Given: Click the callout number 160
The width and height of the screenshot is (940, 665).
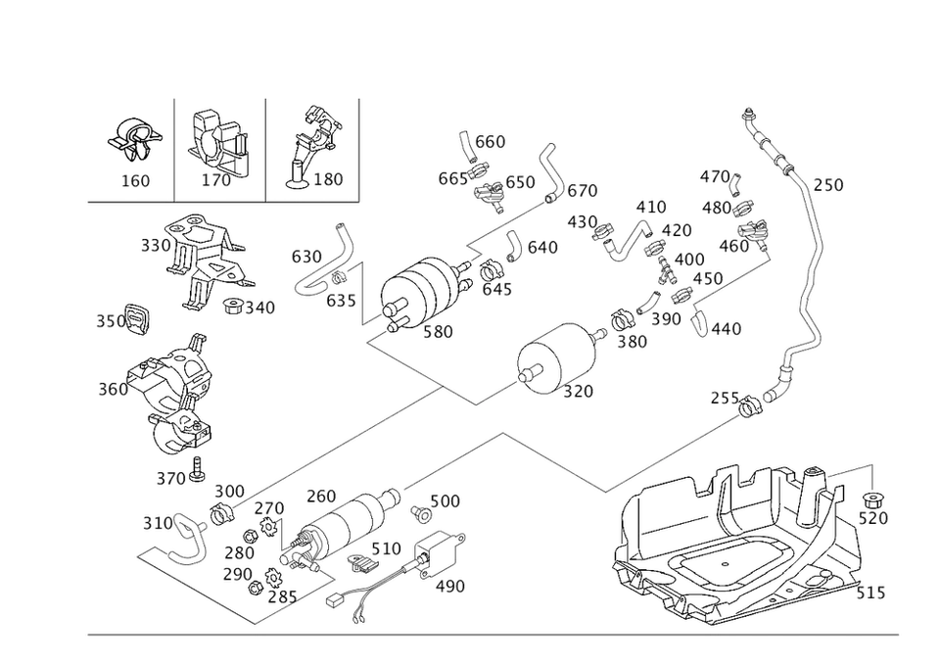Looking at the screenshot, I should click(134, 180).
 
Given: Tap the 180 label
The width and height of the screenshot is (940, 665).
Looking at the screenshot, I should click(329, 180).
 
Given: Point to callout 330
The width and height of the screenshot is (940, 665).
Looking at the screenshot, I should click(155, 245).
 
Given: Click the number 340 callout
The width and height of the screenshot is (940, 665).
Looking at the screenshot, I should click(258, 308).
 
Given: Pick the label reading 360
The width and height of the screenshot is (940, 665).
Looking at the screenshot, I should click(113, 390).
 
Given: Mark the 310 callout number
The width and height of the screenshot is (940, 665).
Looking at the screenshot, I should click(157, 521).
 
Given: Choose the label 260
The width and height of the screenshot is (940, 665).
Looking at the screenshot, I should click(320, 495).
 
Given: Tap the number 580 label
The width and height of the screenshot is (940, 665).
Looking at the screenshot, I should click(437, 332).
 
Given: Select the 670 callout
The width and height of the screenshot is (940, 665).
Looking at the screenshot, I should click(582, 189).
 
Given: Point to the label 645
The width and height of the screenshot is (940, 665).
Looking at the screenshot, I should click(496, 290).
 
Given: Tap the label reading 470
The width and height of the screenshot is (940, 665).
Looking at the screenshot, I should click(716, 177).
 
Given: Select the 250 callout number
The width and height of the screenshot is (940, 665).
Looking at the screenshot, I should click(828, 186).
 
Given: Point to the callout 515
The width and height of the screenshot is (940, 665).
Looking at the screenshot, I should click(870, 594).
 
